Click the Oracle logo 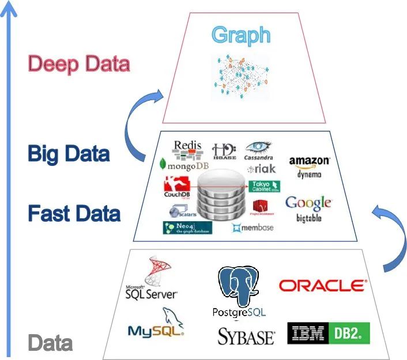(x=323, y=286)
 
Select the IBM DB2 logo (x=328, y=333)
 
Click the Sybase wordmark (x=246, y=336)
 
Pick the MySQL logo (x=156, y=325)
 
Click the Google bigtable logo (x=308, y=208)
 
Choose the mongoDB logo (x=184, y=165)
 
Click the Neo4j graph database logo (x=187, y=228)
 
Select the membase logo (x=254, y=227)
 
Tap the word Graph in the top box (x=240, y=35)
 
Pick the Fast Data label (x=74, y=214)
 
